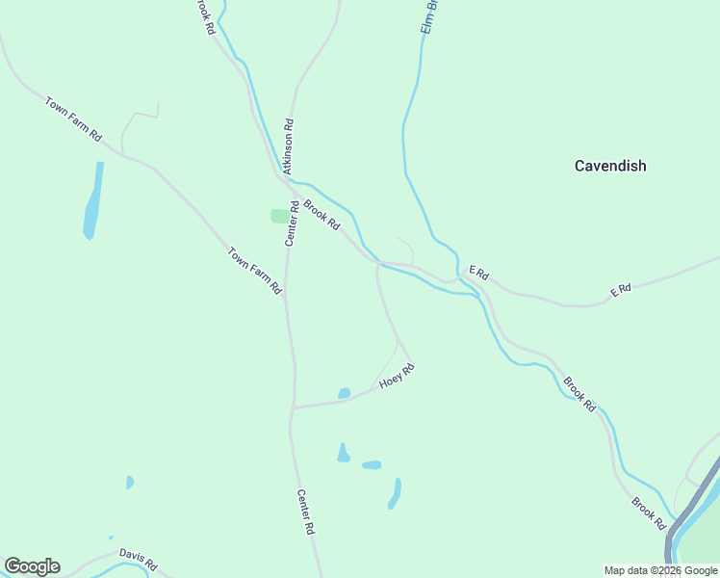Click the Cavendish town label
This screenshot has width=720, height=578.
click(x=610, y=166)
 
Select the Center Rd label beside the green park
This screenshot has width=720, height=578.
click(x=290, y=223)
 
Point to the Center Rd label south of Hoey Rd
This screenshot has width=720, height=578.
click(x=305, y=512)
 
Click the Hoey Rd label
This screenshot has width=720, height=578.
click(x=397, y=376)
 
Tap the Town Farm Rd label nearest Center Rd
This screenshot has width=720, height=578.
click(x=254, y=271)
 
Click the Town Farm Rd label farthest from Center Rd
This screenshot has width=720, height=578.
click(x=72, y=118)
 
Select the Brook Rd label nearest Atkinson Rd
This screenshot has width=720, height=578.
click(x=321, y=214)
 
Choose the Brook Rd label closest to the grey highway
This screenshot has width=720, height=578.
click(x=649, y=513)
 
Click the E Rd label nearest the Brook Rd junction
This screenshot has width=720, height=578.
click(x=478, y=275)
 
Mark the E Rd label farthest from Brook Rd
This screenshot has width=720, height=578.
click(x=620, y=289)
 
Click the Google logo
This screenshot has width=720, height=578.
click(x=32, y=566)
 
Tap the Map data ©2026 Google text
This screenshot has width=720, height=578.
click(x=661, y=570)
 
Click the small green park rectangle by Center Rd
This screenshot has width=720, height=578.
click(x=280, y=216)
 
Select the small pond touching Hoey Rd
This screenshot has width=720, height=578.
click(x=344, y=393)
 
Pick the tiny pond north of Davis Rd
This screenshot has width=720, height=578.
click(x=129, y=482)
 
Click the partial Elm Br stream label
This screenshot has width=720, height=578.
click(x=430, y=16)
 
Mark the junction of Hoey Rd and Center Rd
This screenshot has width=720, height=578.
click(x=292, y=407)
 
